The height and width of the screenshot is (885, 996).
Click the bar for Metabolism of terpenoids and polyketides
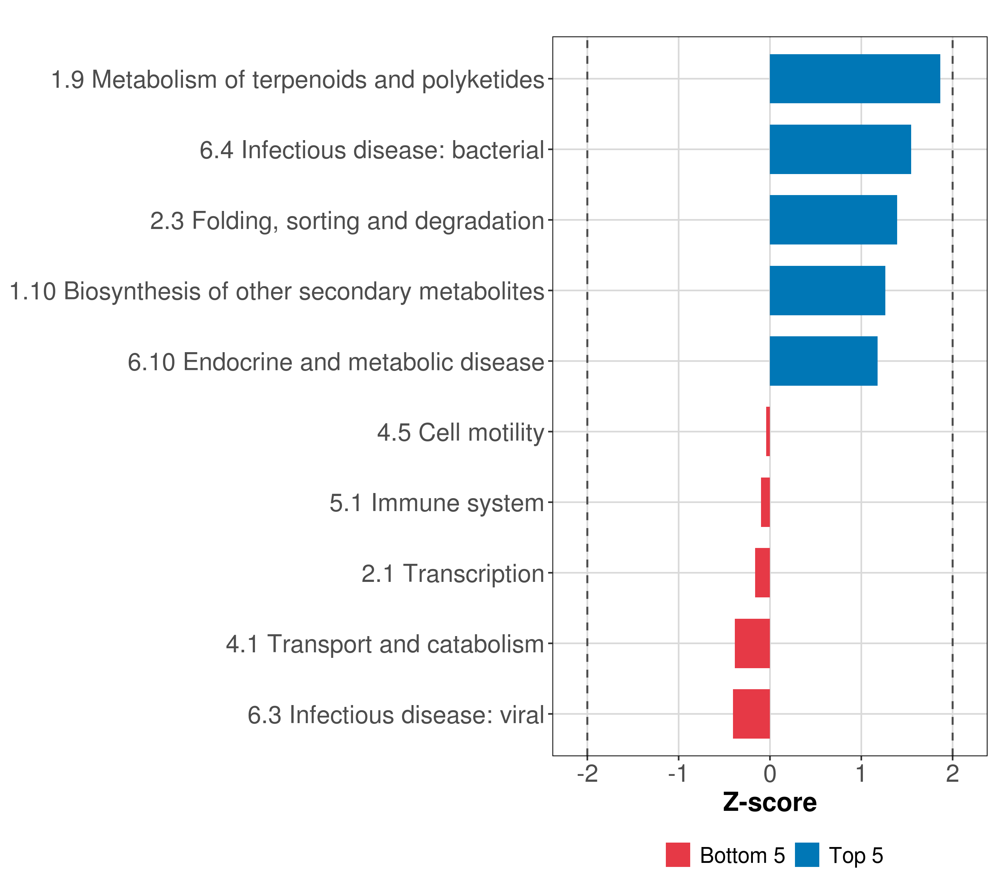(855, 79)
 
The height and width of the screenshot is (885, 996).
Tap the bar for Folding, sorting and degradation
(833, 220)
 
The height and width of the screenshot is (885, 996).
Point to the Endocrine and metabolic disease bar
(823, 361)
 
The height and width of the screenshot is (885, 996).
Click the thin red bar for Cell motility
(768, 431)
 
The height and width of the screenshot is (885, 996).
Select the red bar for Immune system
(765, 502)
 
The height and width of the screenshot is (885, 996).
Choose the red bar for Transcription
(762, 573)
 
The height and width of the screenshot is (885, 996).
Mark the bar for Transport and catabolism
(753, 643)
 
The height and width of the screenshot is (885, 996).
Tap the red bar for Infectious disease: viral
(751, 714)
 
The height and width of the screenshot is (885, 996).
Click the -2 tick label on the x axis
(587, 774)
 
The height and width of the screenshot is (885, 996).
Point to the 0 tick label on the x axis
(770, 774)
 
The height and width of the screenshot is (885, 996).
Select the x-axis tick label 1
(861, 774)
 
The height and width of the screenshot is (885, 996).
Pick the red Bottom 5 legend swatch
(678, 855)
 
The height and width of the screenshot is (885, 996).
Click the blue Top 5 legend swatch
(807, 855)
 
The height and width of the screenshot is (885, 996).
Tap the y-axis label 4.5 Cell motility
(460, 433)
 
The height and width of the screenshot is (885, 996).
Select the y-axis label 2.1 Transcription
(453, 574)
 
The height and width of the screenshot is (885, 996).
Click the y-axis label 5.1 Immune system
(437, 503)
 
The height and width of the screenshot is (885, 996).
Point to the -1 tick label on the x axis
(678, 774)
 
